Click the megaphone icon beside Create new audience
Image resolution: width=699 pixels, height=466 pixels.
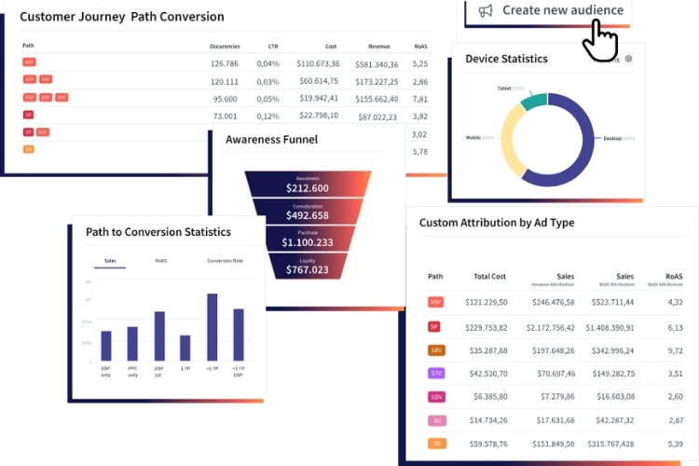pyautogui.click(x=485, y=10)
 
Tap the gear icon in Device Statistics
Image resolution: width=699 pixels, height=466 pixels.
pyautogui.click(x=629, y=59)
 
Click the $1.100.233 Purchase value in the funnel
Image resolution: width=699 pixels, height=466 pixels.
pyautogui.click(x=308, y=241)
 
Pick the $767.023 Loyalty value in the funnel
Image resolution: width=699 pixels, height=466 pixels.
pyautogui.click(x=308, y=269)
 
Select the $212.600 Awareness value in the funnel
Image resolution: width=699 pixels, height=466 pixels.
pyautogui.click(x=308, y=187)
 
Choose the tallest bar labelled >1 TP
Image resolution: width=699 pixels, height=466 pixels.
pyautogui.click(x=212, y=327)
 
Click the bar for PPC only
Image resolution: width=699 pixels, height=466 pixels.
pyautogui.click(x=132, y=344)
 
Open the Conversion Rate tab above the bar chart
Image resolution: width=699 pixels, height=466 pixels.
pyautogui.click(x=225, y=261)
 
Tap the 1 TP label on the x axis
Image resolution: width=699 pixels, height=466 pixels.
pyautogui.click(x=185, y=369)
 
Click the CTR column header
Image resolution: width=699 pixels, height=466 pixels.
pyautogui.click(x=272, y=46)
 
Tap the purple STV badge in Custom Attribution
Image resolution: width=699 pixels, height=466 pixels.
pyautogui.click(x=435, y=374)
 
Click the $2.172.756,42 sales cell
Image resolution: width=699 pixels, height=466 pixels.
pyautogui.click(x=547, y=327)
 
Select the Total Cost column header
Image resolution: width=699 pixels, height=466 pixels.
pyautogui.click(x=488, y=277)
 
